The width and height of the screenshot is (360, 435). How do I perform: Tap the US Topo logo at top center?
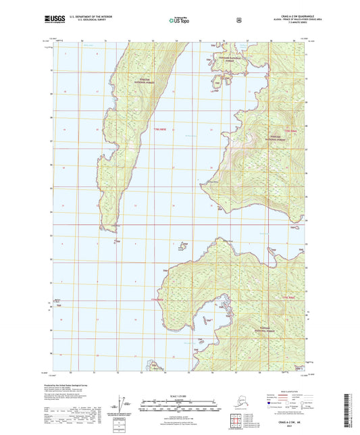(x=179, y=21)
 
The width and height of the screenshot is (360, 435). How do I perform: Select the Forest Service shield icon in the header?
(x=238, y=20)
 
